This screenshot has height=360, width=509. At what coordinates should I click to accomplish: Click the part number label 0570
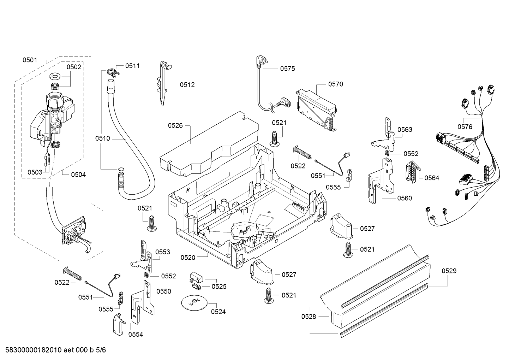(x=335, y=84)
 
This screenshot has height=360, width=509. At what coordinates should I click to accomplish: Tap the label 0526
(x=175, y=125)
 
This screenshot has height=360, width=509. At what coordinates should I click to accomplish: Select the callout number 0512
(x=187, y=85)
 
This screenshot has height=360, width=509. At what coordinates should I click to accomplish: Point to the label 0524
(x=218, y=312)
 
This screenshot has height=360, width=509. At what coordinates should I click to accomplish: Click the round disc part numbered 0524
(x=194, y=302)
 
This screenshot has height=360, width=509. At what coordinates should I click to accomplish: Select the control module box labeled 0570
(x=316, y=110)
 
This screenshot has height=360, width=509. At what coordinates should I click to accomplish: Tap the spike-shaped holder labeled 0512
(x=164, y=83)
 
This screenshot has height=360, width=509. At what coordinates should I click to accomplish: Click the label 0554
(x=136, y=335)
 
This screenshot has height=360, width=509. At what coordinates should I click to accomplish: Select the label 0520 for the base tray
(x=188, y=258)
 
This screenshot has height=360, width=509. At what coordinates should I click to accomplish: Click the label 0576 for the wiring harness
(x=465, y=127)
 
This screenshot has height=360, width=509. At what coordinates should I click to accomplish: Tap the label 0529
(x=449, y=271)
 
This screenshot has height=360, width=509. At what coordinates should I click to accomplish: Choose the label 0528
(x=309, y=317)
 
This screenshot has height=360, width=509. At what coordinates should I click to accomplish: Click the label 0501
(x=30, y=60)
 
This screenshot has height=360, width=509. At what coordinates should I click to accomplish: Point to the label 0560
(x=405, y=198)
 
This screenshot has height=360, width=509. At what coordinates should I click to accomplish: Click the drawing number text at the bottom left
(x=56, y=350)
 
